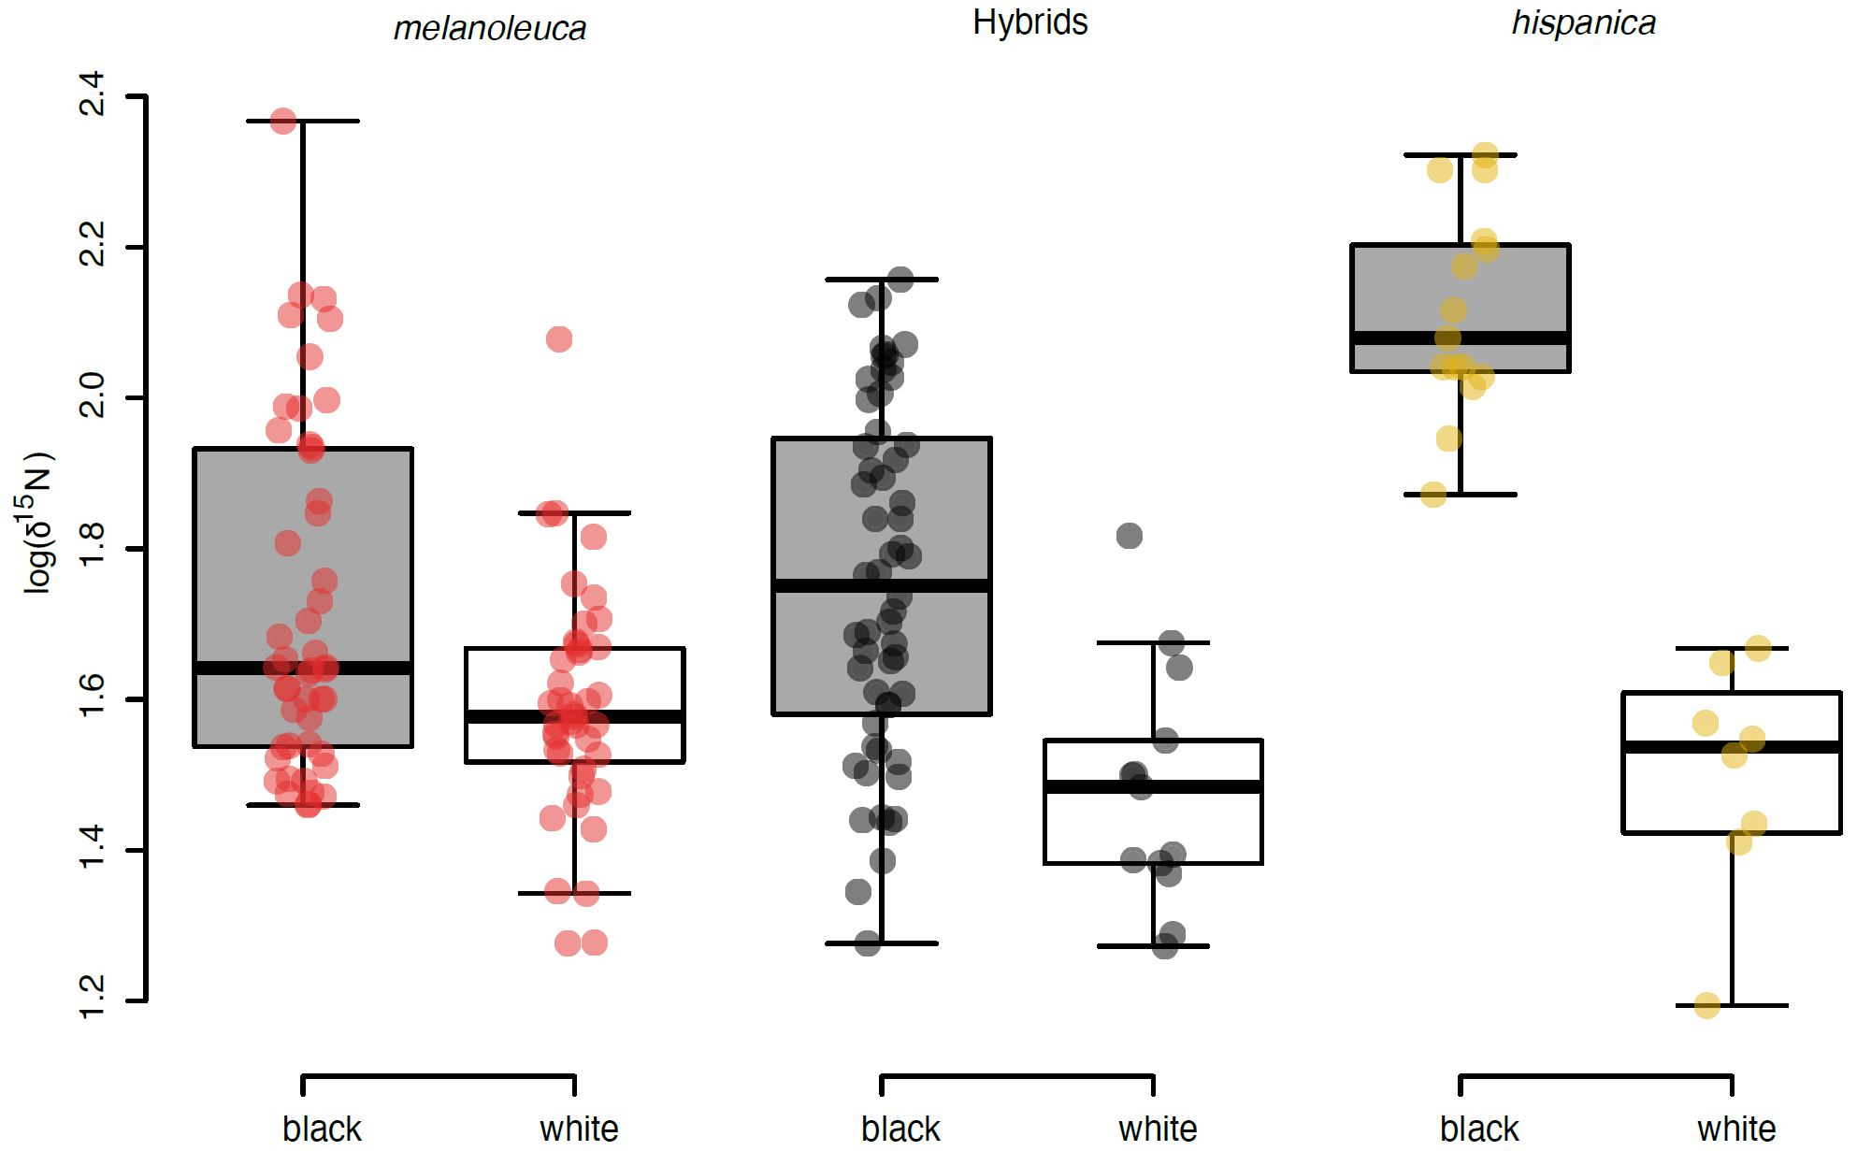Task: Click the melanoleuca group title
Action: [489, 29]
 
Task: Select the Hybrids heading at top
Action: [1029, 22]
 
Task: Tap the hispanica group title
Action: [1583, 23]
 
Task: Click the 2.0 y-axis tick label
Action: [93, 397]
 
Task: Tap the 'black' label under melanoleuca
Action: [322, 1129]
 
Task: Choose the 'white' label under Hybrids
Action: [1158, 1129]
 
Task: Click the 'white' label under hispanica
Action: [1736, 1129]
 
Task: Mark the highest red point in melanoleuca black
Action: [283, 121]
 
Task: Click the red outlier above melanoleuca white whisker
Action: [559, 338]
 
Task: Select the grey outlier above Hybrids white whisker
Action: [1130, 536]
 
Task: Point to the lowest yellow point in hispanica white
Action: [1707, 1005]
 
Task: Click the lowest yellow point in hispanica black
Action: [1433, 495]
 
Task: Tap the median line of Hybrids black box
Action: [881, 586]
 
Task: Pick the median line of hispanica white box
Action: [1732, 747]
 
